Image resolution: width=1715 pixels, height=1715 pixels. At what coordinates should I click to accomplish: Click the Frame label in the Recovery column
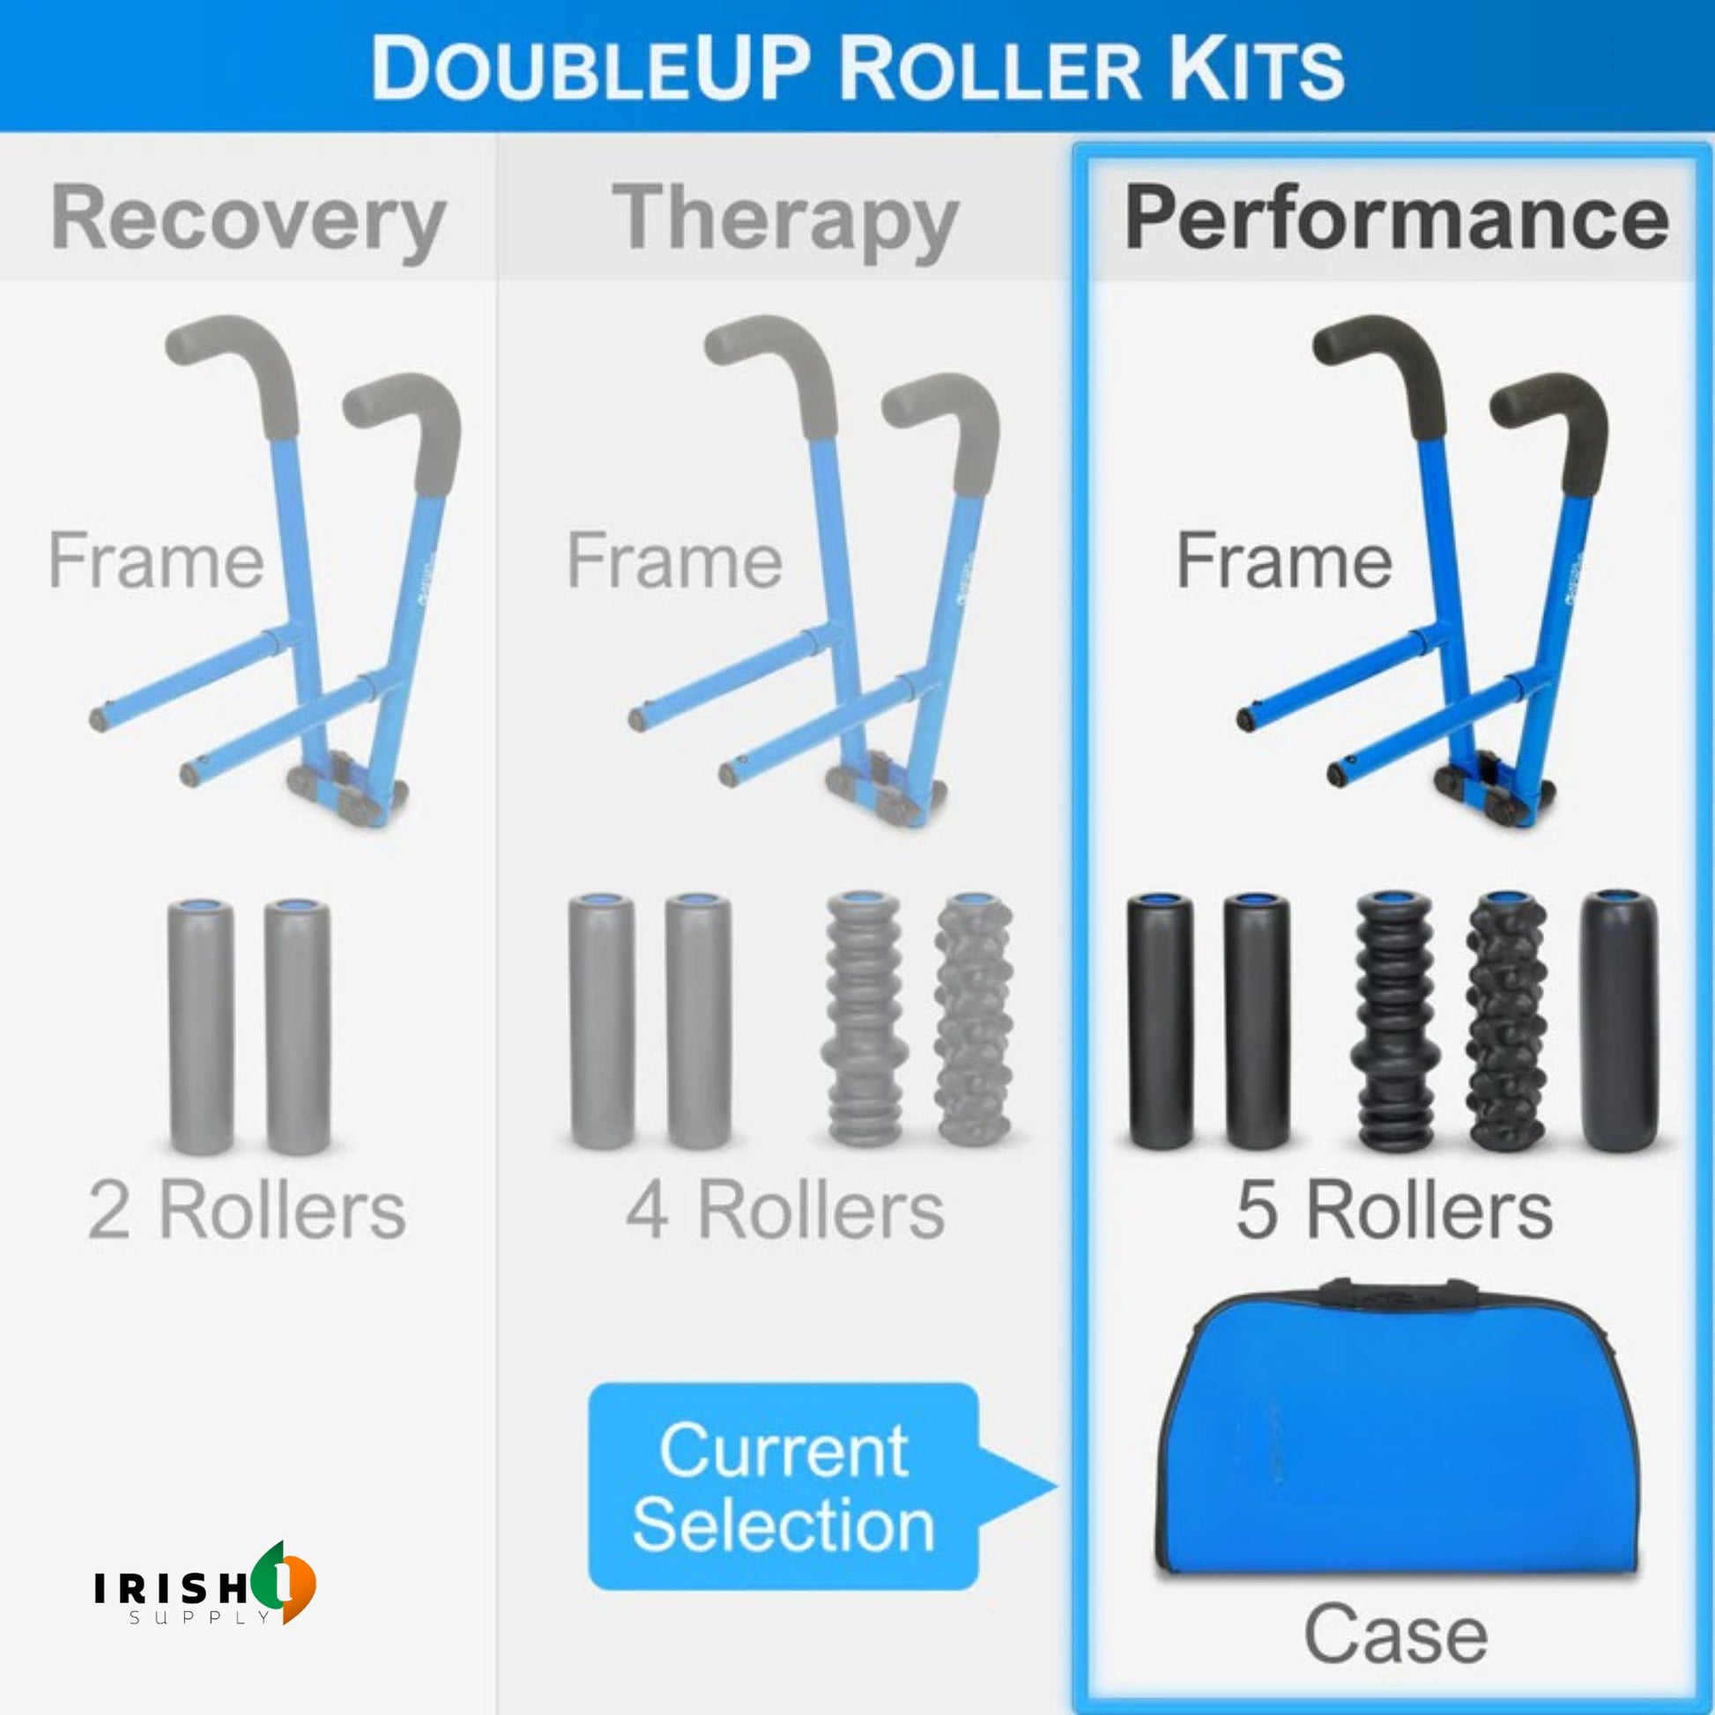156,561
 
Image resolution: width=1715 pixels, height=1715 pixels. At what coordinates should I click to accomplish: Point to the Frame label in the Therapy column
675,561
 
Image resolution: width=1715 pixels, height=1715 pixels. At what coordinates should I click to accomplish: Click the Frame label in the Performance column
1283,561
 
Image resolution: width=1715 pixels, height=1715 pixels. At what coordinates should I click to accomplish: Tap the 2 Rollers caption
248,1210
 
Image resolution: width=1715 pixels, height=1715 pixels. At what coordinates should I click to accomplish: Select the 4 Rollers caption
784,1210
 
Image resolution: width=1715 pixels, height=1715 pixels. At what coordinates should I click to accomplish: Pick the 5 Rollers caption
1394,1210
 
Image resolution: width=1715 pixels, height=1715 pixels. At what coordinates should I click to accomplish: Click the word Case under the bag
1395,1634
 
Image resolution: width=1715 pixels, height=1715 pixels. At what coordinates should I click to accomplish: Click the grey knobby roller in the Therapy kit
975,1026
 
